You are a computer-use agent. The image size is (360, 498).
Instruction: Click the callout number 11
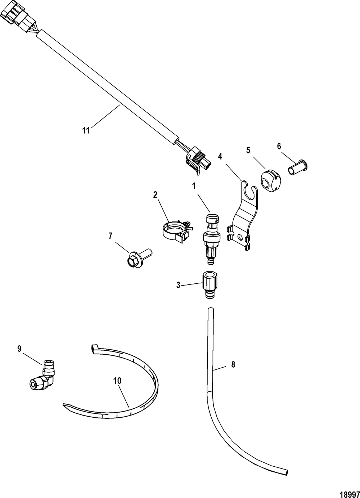[86, 130]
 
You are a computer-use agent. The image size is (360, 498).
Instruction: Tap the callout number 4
[220, 156]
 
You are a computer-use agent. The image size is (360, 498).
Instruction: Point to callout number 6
[279, 146]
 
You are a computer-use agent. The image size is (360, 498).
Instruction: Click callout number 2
[155, 195]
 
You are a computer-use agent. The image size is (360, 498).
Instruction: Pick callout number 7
[110, 236]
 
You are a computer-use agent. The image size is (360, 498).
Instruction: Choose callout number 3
[178, 285]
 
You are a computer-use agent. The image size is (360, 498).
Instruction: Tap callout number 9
[19, 348]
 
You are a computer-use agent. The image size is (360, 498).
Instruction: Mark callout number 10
[117, 381]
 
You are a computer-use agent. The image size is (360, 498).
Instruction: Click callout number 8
[233, 364]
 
